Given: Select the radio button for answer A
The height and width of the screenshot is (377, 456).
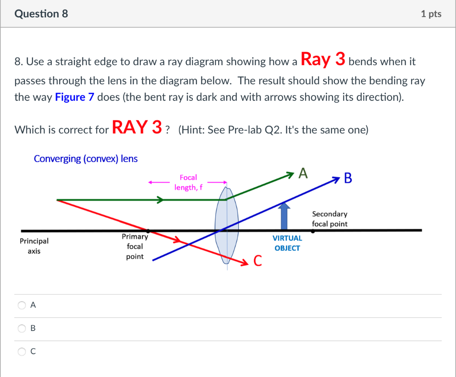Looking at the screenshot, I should click(x=22, y=306).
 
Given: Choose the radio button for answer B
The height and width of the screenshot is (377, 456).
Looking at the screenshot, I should click(x=22, y=329).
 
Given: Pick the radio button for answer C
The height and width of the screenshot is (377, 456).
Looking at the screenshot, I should click(x=22, y=352).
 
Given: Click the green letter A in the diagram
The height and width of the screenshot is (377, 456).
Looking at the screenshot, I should click(x=303, y=173).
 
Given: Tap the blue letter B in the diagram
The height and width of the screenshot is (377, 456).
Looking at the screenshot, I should click(x=348, y=178).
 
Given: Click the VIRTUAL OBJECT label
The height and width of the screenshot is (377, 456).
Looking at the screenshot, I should click(x=287, y=243).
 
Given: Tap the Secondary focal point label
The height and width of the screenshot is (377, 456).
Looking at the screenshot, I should click(x=330, y=219).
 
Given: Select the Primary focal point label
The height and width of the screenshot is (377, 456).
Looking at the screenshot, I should click(x=135, y=246).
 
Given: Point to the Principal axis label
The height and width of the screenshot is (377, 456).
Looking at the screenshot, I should click(x=34, y=246).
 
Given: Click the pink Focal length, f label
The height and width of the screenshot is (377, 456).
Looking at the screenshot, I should click(x=188, y=182).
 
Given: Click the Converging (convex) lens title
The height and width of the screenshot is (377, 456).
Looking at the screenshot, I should click(x=85, y=159).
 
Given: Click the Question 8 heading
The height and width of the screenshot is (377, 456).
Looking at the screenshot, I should click(x=41, y=14).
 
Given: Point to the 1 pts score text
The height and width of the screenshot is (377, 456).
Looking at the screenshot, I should click(x=431, y=14).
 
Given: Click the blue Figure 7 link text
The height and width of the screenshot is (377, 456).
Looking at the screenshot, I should click(x=74, y=97).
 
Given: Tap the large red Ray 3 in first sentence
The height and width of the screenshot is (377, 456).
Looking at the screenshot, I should click(x=323, y=59).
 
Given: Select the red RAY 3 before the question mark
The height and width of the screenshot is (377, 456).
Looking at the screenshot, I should click(x=137, y=128).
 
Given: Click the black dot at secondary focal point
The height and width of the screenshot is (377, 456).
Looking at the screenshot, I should click(x=313, y=231).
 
